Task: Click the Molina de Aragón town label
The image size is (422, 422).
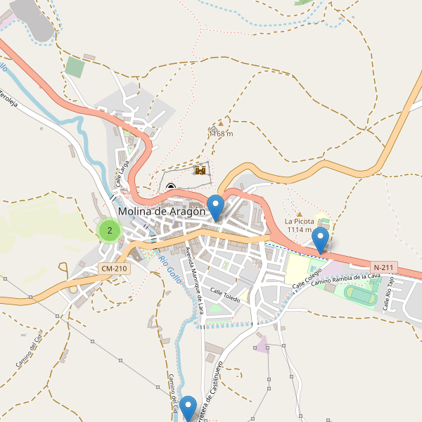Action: click(x=162, y=211)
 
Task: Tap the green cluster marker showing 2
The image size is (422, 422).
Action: click(x=109, y=230)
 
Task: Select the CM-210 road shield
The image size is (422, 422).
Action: click(x=114, y=269)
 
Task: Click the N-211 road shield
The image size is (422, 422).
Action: click(x=384, y=267)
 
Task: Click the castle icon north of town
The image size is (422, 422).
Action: click(x=200, y=170)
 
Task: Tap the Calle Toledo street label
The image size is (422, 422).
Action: click(x=225, y=296)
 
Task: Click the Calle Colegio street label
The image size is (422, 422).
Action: click(x=307, y=276)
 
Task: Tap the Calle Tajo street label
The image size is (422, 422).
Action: click(x=388, y=294)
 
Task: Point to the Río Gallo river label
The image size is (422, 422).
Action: click(x=170, y=270)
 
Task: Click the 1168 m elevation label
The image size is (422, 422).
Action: click(x=221, y=134)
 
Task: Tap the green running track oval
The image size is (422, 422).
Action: click(x=360, y=297)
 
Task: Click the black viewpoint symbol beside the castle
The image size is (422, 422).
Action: click(x=171, y=187)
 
